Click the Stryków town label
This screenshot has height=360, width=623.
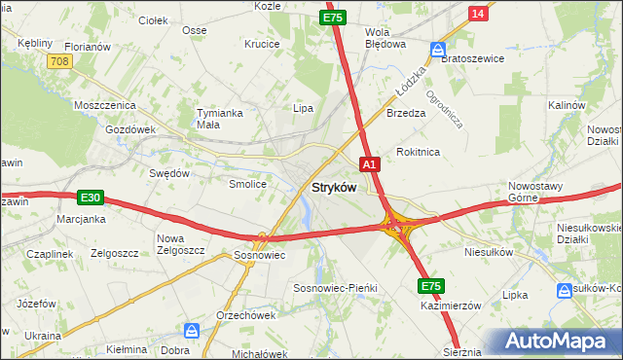334,187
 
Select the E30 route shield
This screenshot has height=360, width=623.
91,198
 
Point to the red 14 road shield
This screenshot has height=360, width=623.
476,13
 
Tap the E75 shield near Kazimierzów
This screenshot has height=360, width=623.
432,286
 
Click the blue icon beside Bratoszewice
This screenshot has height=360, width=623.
439,49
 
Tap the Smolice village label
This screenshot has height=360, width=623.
247,184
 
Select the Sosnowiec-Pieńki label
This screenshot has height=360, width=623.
335,289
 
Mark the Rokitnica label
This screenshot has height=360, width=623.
419,153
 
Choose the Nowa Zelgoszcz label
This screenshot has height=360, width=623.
180,244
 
